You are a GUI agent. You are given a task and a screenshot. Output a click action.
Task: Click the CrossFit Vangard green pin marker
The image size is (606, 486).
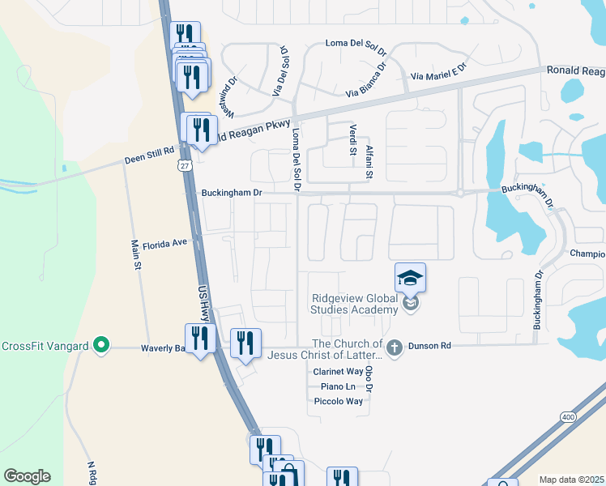(100, 346)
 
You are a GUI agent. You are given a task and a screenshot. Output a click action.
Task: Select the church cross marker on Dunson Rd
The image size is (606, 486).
(395, 347)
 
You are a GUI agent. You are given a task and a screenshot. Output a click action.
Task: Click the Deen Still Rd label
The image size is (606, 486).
(149, 154)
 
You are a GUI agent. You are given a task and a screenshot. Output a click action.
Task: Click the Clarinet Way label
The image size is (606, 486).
(338, 372)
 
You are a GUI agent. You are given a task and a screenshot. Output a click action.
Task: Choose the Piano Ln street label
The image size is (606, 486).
(338, 386)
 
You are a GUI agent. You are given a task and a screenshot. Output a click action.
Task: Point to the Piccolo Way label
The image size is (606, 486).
(338, 401)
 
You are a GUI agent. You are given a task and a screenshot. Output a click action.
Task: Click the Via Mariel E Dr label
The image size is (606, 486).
(440, 70)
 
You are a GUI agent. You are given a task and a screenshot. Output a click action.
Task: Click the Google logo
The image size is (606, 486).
(27, 475)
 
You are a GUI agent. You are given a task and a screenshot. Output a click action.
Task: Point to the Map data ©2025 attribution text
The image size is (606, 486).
(570, 480)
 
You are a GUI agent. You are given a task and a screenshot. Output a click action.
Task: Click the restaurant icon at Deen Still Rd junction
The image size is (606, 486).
(198, 130)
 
